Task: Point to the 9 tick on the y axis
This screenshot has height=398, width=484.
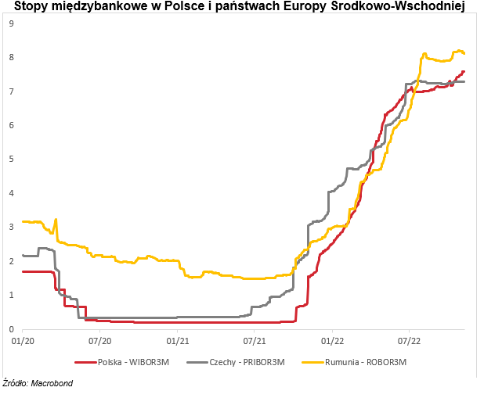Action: click(11, 23)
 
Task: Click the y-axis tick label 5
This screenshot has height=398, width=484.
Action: click(11, 159)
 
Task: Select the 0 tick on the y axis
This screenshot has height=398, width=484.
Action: click(11, 328)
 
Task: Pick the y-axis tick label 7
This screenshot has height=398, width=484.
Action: click(11, 91)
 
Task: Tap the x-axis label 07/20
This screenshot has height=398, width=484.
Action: click(100, 341)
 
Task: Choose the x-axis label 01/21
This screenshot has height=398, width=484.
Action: click(178, 341)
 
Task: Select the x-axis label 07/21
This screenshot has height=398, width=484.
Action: click(255, 341)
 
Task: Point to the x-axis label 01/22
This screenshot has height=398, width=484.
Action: click(332, 341)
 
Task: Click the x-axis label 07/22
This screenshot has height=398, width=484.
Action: click(410, 341)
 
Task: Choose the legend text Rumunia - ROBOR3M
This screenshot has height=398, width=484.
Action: click(367, 362)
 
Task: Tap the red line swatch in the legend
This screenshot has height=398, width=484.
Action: click(84, 362)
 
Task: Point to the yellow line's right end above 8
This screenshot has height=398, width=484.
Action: click(464, 53)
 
